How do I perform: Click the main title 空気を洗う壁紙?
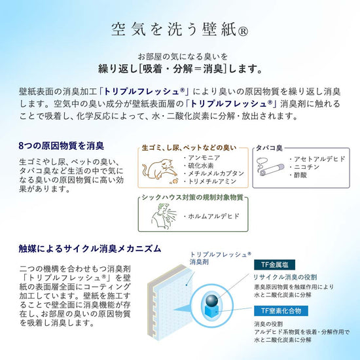179,29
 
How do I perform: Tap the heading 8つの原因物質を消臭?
62,146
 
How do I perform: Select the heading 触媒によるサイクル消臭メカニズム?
90,249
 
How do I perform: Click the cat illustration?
160,170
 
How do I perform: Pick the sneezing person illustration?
164,215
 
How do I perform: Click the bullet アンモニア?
202,158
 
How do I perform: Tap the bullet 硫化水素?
199,166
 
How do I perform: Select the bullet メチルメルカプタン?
214,173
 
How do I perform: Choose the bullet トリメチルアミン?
210,181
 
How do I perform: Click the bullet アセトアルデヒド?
317,159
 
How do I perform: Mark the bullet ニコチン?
304,167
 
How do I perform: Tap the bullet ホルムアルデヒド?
211,216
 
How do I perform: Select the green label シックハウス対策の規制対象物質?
192,198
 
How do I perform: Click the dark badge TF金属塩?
274,264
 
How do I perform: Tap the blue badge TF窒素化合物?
281,311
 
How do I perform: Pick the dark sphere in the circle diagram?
211,300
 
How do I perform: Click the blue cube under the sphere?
211,311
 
